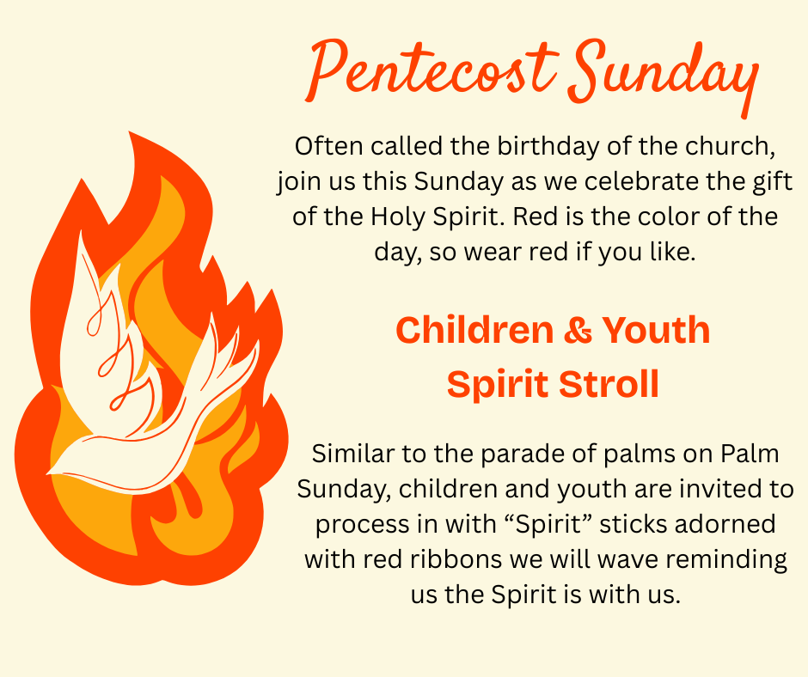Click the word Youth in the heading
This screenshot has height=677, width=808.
[x=656, y=330]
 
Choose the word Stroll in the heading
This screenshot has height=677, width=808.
[x=609, y=384]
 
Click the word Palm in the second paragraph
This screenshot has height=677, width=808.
[x=750, y=454]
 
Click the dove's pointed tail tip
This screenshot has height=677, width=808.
[x=48, y=473]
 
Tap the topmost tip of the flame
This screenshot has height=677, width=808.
[x=129, y=132]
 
